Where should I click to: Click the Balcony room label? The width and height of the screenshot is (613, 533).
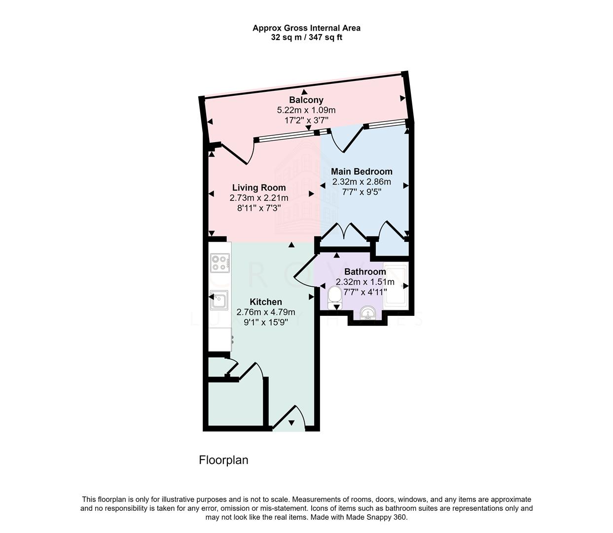(306, 100)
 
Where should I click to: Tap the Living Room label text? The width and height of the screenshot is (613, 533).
(259, 188)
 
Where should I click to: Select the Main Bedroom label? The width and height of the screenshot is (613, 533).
(361, 172)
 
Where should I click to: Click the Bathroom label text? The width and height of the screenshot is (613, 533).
(365, 272)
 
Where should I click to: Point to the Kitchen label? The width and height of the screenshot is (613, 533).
(266, 302)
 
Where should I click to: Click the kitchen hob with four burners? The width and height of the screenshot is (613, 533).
(220, 263)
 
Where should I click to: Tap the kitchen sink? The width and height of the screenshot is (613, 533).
(217, 300)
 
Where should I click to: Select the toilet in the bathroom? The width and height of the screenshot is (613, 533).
(335, 297)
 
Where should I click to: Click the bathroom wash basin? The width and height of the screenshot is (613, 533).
(367, 313)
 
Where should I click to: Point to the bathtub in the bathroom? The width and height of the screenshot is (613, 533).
(395, 286)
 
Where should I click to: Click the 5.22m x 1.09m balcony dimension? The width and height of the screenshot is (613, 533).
(306, 110)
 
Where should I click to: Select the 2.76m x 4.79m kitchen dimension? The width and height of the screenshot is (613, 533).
(266, 312)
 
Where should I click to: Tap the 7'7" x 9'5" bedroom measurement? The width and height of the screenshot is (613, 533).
(361, 192)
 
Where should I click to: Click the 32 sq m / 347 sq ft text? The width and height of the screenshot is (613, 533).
(306, 38)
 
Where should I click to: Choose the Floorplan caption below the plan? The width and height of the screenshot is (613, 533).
(223, 460)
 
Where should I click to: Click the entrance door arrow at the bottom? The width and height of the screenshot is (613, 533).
(291, 422)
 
